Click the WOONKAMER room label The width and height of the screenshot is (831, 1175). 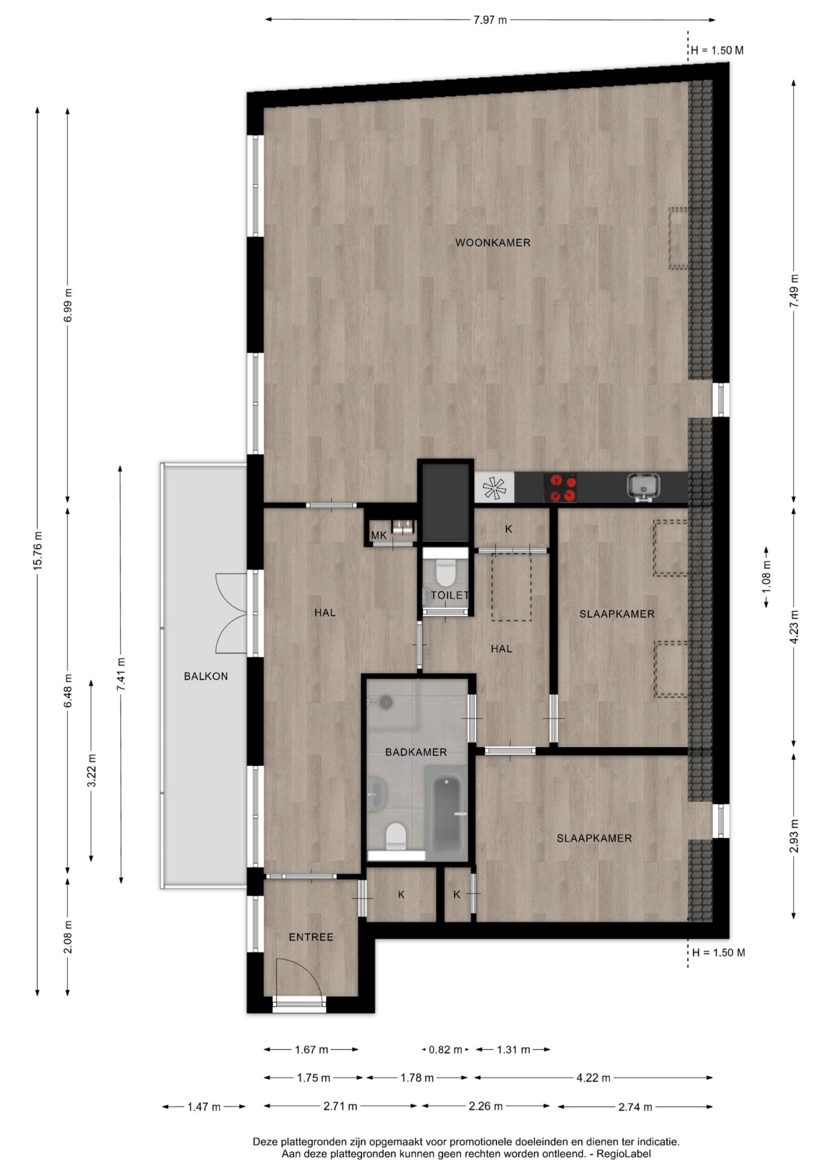pos(493,243)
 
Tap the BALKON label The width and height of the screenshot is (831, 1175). pos(206,676)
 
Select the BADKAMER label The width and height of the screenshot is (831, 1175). pos(416,752)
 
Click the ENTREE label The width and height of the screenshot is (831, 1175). pos(311,937)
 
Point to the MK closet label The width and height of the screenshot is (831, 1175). pos(379,535)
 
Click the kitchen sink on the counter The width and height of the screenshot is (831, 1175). pos(643,486)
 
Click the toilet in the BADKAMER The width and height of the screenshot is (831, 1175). pos(396,835)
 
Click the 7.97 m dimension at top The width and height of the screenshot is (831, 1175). pos(490,20)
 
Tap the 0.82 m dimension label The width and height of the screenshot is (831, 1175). pos(445,1050)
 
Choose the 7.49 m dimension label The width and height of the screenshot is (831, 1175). pos(794,291)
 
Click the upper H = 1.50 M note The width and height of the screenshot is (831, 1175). pos(717,50)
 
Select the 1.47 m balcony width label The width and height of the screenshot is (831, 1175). pos(204,1107)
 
